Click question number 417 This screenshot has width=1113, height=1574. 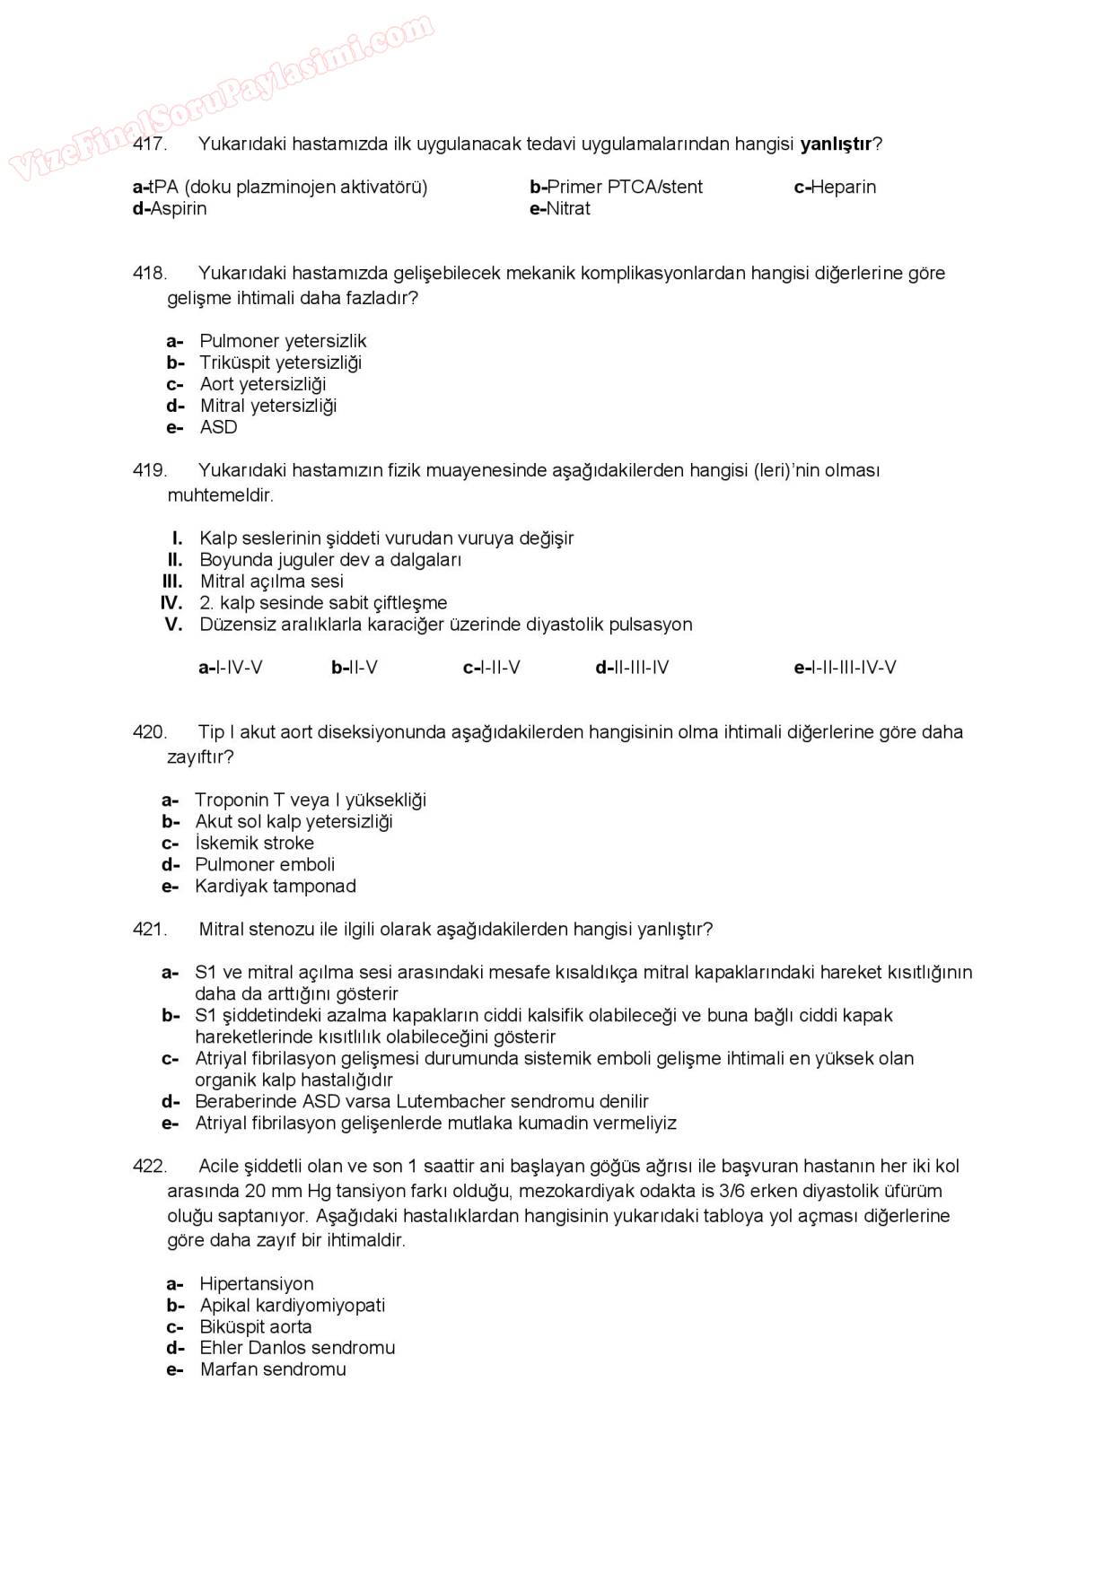coord(149,144)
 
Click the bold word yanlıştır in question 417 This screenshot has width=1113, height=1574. coord(836,144)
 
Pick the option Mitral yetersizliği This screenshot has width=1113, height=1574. coord(267,406)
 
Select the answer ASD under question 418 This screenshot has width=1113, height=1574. coord(218,427)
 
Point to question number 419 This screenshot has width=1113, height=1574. coord(149,470)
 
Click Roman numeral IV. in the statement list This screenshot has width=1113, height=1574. coord(171,603)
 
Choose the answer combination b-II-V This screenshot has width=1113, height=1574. coord(355,668)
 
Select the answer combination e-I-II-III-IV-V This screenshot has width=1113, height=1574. coord(845,668)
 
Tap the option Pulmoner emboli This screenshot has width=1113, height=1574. coord(265,865)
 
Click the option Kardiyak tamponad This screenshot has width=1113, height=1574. coord(275,887)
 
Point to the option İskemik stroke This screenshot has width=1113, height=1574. coord(254,844)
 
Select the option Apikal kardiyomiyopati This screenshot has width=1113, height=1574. coord(292,1306)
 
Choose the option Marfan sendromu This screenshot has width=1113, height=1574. coord(273,1370)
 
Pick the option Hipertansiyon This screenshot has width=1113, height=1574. coord(257,1284)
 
